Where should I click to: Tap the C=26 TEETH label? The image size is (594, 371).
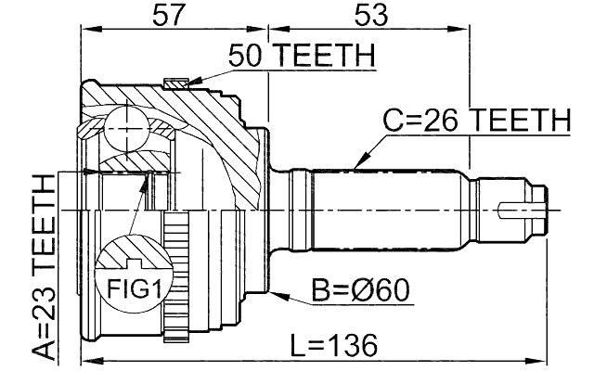(x=476, y=120)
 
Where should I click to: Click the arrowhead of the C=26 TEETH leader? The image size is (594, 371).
(x=358, y=166)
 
